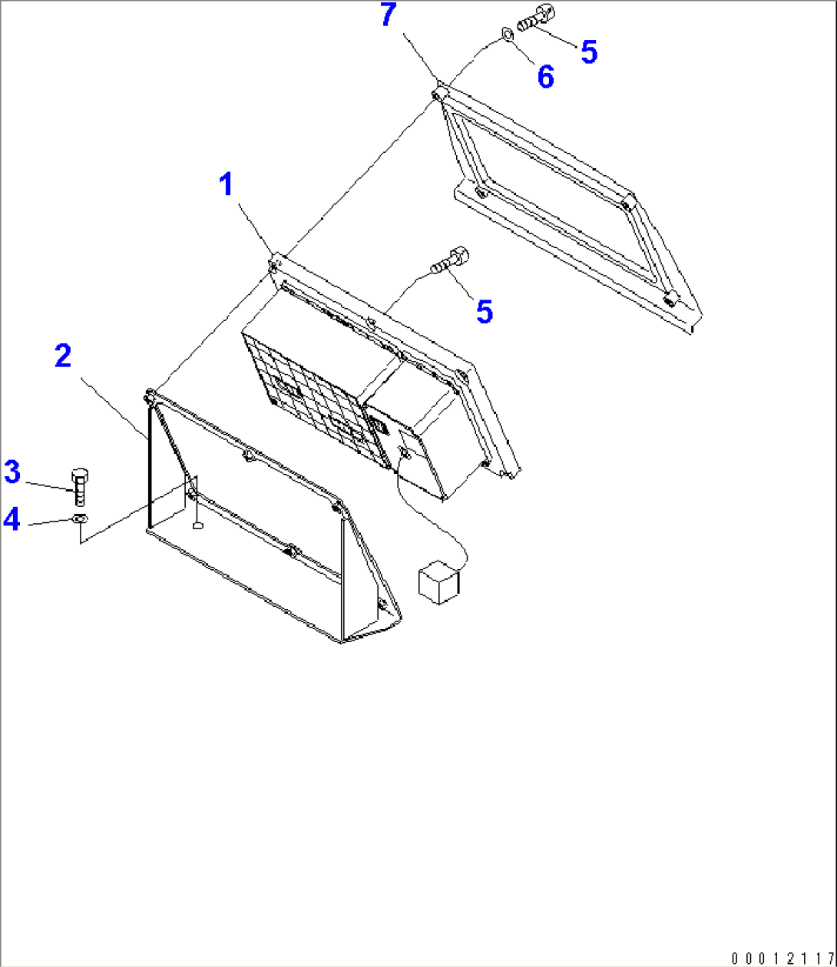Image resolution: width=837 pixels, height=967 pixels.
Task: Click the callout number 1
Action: point(226,186)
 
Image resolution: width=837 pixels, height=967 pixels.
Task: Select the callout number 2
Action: point(63,356)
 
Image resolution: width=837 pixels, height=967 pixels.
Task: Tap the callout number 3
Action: point(12,472)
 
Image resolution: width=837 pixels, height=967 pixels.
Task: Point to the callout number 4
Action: point(12,520)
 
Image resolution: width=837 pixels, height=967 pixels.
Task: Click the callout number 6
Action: point(545,77)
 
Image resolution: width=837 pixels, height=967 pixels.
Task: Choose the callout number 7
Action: point(389,15)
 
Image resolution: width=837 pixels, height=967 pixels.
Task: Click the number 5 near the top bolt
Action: point(588,52)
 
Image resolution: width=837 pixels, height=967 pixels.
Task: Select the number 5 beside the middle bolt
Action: point(484,312)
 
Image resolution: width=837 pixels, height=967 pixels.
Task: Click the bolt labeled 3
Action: point(79,486)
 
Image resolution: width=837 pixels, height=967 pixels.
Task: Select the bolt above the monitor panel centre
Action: point(449,260)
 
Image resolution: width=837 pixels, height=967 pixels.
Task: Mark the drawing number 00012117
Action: point(782,958)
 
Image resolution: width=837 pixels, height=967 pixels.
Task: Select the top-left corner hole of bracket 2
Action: point(149,397)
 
